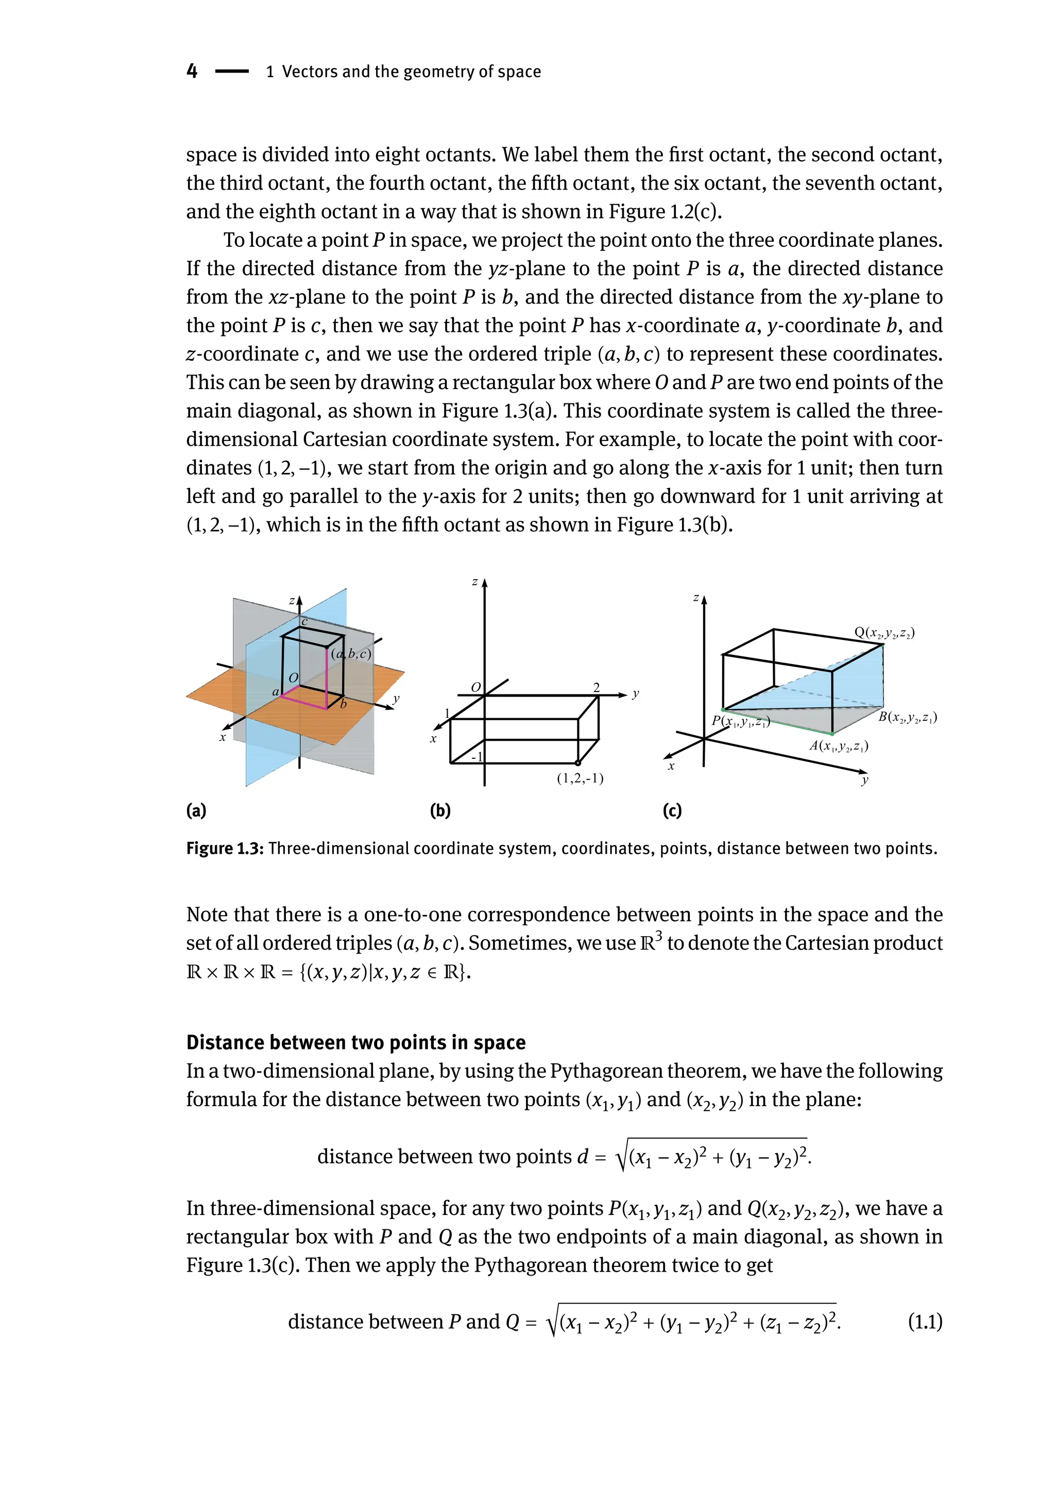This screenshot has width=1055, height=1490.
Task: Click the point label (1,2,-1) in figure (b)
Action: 580,778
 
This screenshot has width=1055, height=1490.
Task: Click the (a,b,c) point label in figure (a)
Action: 351,654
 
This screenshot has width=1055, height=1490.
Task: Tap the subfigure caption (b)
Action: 440,810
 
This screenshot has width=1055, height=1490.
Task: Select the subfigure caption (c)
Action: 672,810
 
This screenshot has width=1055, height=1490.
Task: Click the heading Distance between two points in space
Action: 355,1042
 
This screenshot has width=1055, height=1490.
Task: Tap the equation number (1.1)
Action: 925,1322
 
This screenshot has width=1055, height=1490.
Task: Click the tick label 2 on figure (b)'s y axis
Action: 597,687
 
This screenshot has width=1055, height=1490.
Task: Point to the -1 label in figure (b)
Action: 477,757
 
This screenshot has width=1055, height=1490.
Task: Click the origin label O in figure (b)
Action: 475,687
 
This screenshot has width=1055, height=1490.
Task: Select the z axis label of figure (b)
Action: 475,582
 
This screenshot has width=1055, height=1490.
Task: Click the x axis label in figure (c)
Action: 671,767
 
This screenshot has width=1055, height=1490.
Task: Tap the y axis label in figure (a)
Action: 396,699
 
